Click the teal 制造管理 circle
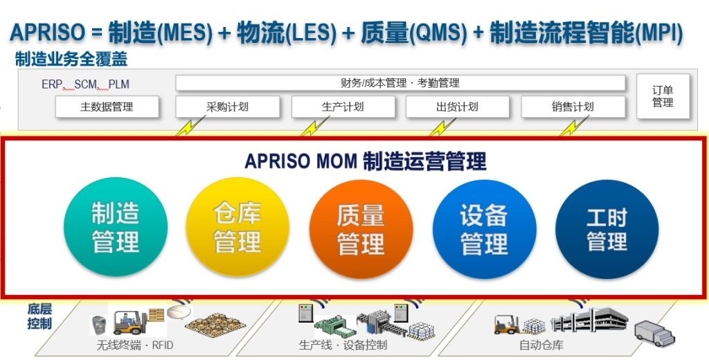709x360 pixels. pyautogui.click(x=116, y=228)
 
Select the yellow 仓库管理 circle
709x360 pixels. pyautogui.click(x=237, y=228)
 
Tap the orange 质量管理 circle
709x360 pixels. pyautogui.click(x=361, y=228)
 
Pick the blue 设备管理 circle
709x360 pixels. pyautogui.click(x=484, y=228)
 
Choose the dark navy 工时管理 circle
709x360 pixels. pyautogui.click(x=607, y=228)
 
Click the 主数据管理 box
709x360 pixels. pyautogui.click(x=107, y=107)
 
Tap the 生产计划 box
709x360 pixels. pyautogui.click(x=343, y=107)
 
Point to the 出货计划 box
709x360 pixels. pyautogui.click(x=457, y=107)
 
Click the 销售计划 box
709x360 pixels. pyautogui.click(x=573, y=107)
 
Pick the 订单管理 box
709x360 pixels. pyautogui.click(x=663, y=96)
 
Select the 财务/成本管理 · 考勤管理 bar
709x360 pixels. pyautogui.click(x=400, y=83)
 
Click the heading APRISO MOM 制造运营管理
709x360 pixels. pyautogui.click(x=366, y=161)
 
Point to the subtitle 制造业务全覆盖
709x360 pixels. pyautogui.click(x=71, y=60)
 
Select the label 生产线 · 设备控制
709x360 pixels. pyautogui.click(x=343, y=345)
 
